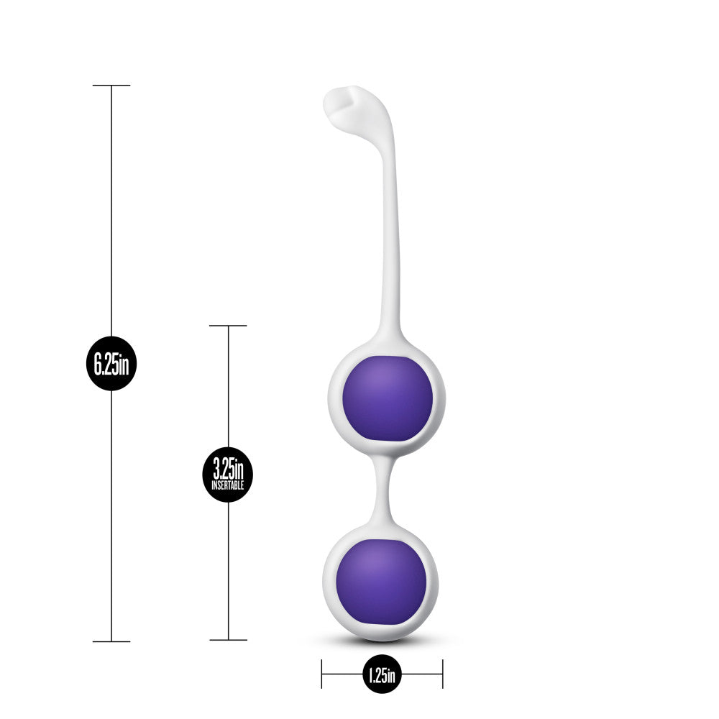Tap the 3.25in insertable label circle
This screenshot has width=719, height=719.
click(x=228, y=475)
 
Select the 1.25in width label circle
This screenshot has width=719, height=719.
click(x=381, y=674)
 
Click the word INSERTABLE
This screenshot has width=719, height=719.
click(x=228, y=486)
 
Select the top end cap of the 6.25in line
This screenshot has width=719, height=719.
click(x=111, y=86)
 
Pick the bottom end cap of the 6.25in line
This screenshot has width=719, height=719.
click(x=111, y=641)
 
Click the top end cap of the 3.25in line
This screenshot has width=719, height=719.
click(x=228, y=326)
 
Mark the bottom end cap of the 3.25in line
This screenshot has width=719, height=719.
click(x=228, y=640)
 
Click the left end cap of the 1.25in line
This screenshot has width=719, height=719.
click(x=322, y=674)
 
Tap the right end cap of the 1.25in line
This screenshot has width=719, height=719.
click(x=442, y=674)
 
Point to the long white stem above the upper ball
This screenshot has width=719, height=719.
click(x=392, y=237)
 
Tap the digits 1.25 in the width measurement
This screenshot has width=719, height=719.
click(x=377, y=674)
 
